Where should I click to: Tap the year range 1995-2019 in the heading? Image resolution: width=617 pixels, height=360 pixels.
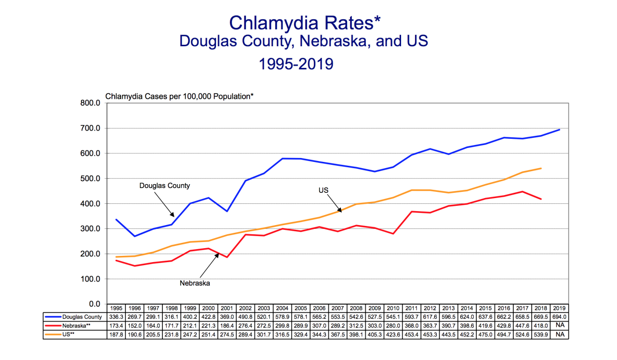click(x=296, y=64)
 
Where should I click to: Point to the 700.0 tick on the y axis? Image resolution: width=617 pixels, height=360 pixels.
click(x=90, y=128)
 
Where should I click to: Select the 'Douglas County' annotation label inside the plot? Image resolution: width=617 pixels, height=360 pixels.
click(x=164, y=186)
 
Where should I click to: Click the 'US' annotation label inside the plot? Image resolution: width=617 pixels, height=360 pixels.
click(x=323, y=190)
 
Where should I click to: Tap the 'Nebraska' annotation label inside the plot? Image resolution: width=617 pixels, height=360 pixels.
click(x=195, y=283)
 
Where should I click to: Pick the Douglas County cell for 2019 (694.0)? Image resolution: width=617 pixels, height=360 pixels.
click(x=560, y=317)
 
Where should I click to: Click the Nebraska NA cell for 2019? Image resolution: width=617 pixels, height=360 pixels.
click(x=560, y=325)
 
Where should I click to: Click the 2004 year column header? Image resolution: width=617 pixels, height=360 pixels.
click(x=282, y=308)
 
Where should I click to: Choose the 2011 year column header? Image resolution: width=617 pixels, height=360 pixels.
click(x=411, y=308)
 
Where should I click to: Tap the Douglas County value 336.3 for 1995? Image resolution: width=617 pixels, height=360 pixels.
click(x=116, y=317)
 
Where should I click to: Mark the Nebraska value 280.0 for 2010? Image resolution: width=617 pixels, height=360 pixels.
click(x=393, y=325)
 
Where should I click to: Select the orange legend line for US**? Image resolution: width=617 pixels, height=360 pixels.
click(x=52, y=334)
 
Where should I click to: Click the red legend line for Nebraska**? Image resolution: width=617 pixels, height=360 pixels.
click(x=52, y=325)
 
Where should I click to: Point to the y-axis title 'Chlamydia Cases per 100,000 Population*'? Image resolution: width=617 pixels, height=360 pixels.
click(x=179, y=96)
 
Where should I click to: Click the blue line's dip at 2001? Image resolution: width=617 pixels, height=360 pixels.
click(x=227, y=211)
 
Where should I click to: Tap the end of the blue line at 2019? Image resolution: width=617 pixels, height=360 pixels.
click(x=560, y=130)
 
